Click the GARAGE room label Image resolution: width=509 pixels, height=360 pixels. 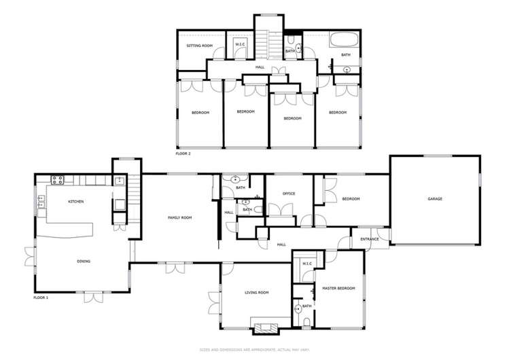click(x=435, y=199)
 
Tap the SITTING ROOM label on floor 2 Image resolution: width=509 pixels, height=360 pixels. click(x=200, y=46)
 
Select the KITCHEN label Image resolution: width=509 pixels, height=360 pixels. click(x=75, y=202)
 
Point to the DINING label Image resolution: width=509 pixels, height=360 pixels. click(x=84, y=261)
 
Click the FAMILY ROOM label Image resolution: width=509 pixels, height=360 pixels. click(x=180, y=217)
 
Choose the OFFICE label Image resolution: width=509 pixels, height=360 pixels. click(x=288, y=194)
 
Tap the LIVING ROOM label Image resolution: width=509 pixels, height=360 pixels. click(x=257, y=292)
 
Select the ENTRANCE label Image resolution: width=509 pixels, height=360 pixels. click(x=370, y=239)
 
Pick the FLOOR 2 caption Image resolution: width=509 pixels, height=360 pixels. click(x=183, y=154)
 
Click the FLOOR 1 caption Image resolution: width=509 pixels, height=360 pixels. click(x=41, y=298)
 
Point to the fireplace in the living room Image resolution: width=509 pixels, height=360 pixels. click(x=265, y=329)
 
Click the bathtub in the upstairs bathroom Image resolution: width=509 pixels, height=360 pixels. click(x=345, y=41)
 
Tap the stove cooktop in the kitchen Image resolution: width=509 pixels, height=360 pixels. click(x=57, y=180)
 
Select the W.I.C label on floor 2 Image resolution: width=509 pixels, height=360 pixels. click(x=241, y=46)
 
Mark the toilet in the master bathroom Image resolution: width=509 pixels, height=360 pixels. click(x=307, y=322)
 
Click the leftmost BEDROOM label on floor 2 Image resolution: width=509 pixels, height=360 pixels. click(x=200, y=112)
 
